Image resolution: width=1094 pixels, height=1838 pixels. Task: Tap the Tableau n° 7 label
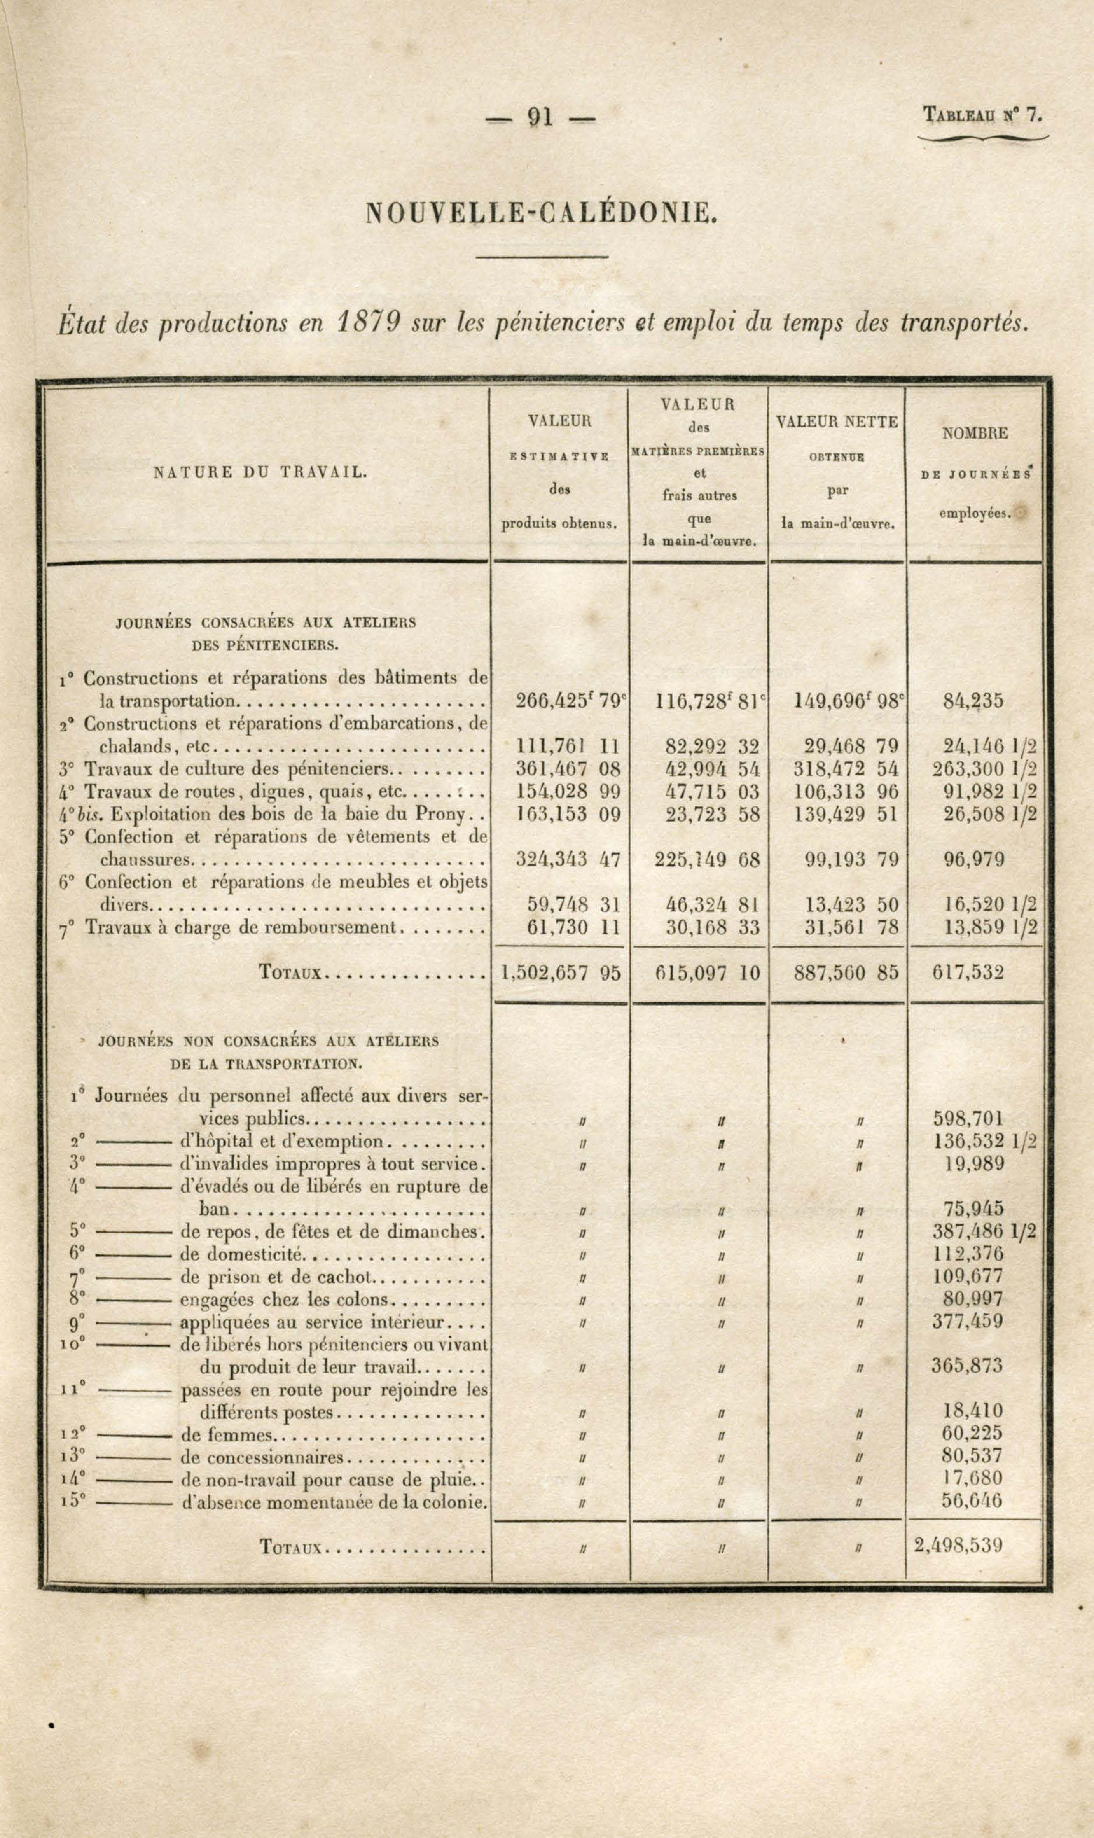tap(983, 115)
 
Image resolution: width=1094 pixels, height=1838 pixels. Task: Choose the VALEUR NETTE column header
tap(837, 422)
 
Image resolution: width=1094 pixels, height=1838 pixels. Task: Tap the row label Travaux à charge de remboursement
tap(240, 927)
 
